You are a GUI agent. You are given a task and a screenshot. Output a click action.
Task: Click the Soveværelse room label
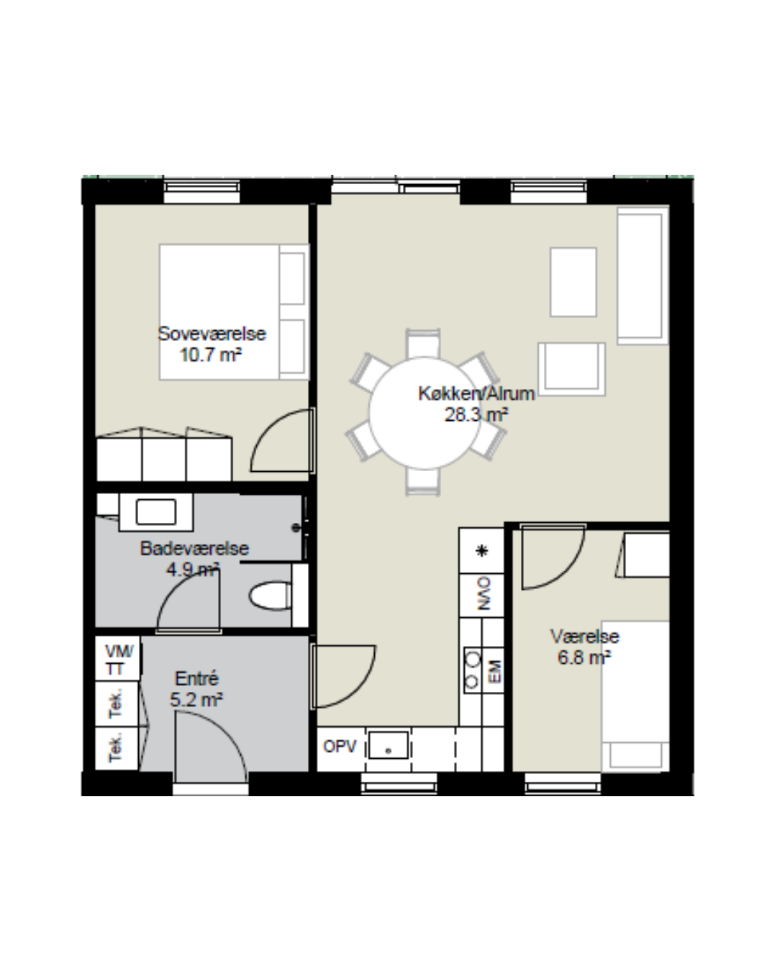coord(212,334)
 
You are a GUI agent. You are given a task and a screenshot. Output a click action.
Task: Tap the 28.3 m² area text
coord(476,414)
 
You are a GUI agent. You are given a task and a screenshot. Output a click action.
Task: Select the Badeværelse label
coord(194,548)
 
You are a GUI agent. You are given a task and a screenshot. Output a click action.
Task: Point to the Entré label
coord(197,678)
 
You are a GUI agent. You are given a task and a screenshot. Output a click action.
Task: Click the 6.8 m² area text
coord(584,657)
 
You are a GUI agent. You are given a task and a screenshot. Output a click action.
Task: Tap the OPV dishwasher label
coord(340,747)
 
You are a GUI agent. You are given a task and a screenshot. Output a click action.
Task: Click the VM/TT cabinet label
coord(119,660)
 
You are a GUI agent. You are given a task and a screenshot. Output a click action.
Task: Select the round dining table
coord(424,413)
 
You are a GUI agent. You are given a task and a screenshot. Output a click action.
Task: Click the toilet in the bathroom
coord(271,596)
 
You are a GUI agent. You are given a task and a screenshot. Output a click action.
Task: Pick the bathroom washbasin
coord(156,511)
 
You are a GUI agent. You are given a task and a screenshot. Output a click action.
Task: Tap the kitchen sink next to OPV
coord(388,745)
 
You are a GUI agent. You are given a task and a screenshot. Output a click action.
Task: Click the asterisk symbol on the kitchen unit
coord(482,551)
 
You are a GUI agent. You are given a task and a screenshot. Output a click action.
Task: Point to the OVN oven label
coord(483,593)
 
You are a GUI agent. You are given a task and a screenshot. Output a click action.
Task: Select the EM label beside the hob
coord(495,671)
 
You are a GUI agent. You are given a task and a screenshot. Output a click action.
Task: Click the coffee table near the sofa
coord(573,282)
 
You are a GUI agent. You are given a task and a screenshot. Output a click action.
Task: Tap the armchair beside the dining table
coord(571,369)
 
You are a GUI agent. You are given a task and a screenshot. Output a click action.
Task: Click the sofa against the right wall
coord(643,275)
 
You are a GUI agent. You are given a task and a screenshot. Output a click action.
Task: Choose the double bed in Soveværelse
coord(235,311)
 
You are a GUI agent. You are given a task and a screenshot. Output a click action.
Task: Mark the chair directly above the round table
coord(423,343)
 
